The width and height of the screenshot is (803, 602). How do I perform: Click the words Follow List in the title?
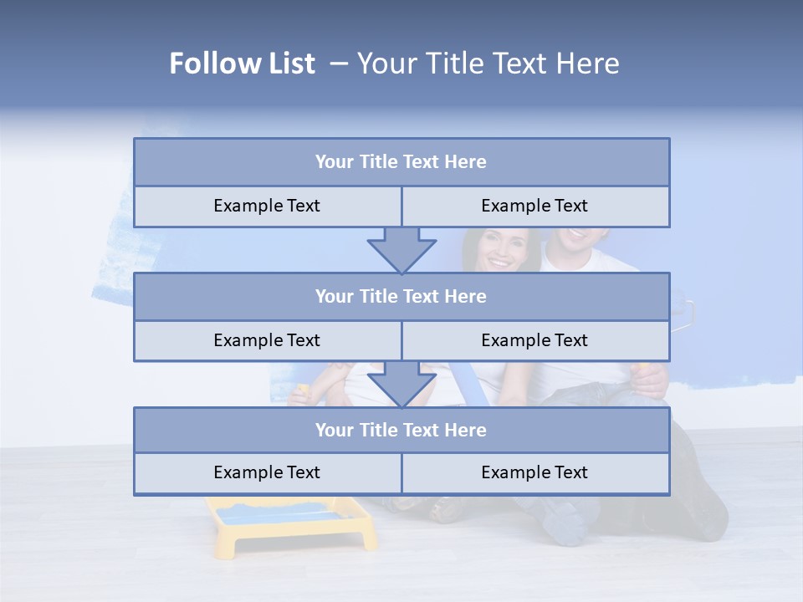coord(243,64)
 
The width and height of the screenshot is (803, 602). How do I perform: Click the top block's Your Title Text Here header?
coord(401,162)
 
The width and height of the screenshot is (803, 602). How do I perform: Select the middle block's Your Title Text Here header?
coord(401,296)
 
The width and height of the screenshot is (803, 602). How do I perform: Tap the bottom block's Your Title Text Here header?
coord(401,430)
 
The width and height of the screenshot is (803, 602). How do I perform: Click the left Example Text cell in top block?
coord(267,206)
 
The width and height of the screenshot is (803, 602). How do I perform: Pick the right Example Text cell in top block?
coord(534,206)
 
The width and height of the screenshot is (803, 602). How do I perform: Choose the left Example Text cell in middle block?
coord(267,340)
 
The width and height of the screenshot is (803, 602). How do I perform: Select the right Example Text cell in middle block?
coord(534,340)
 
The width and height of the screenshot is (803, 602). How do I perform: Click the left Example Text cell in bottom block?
coord(267,472)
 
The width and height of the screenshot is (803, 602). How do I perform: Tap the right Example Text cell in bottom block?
coord(534,472)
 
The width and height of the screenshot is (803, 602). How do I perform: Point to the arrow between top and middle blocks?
coord(401,249)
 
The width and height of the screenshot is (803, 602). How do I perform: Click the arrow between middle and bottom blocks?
coord(401,383)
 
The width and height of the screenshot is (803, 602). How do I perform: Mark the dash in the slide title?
coord(339,64)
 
